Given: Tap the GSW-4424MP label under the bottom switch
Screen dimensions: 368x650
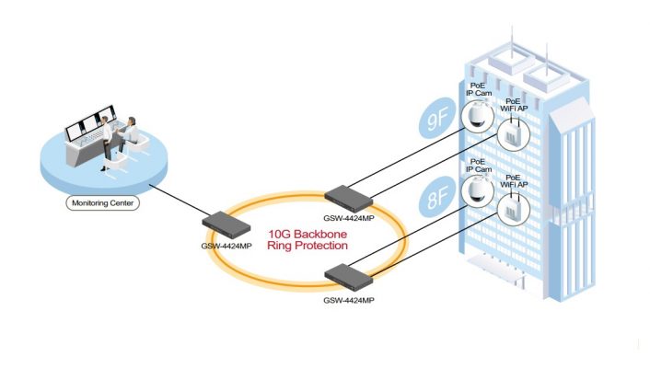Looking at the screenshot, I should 349,299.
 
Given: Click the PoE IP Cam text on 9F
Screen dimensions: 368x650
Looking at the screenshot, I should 476,89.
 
